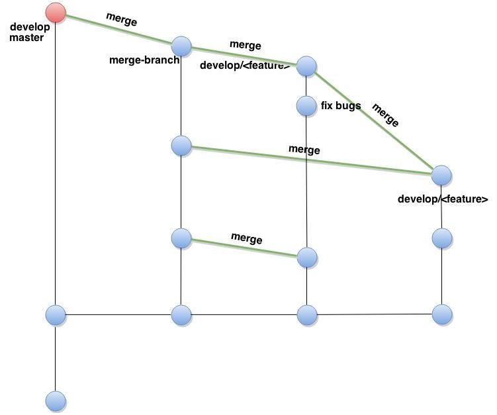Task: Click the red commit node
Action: click(x=56, y=13)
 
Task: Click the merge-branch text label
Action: click(x=144, y=60)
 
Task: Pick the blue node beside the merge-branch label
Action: click(x=181, y=46)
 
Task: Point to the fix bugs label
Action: click(x=341, y=105)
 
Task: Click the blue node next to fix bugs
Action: click(x=306, y=105)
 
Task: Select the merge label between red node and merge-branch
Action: click(x=122, y=21)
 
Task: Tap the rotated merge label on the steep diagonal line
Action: click(x=386, y=115)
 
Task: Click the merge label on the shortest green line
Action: click(x=246, y=238)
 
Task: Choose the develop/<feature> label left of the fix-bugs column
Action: click(x=245, y=66)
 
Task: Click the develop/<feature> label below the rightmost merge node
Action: click(x=443, y=199)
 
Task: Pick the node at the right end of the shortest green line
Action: click(x=307, y=257)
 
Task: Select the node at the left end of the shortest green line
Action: click(x=181, y=238)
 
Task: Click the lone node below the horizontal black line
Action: click(x=56, y=400)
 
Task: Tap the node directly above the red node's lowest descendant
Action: click(x=56, y=314)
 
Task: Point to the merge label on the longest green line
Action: click(x=304, y=150)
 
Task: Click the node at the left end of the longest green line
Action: click(x=181, y=145)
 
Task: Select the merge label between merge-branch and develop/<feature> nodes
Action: click(x=245, y=46)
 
